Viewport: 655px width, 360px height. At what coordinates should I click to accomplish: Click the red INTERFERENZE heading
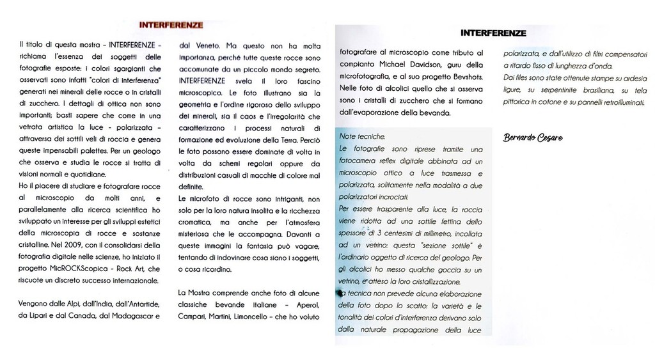[x=171, y=26]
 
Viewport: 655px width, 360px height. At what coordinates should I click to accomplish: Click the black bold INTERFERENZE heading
[x=493, y=33]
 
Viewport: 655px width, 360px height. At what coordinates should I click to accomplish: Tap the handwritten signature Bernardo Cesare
[x=533, y=137]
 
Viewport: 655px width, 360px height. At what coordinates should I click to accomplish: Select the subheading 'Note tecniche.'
[x=362, y=136]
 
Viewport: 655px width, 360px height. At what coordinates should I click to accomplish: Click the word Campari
[x=194, y=316]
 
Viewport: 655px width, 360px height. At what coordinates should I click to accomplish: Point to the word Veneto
[x=205, y=45]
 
